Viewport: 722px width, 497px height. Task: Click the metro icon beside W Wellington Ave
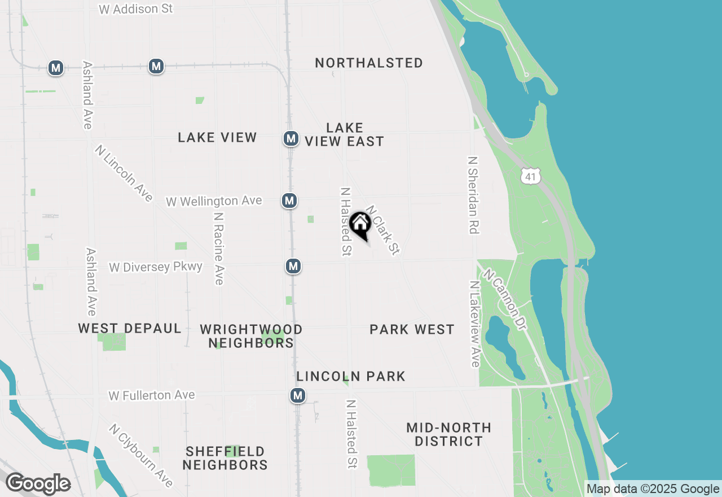coord(289,200)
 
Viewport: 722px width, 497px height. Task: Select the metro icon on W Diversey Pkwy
coord(293,265)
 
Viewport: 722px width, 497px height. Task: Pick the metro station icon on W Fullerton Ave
coord(298,395)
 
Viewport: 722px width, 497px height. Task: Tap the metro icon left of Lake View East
coord(290,138)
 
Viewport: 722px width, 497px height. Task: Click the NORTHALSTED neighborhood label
coord(369,63)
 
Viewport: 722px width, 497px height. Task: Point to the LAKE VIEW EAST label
coord(344,134)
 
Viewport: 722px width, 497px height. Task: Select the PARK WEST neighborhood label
coord(412,329)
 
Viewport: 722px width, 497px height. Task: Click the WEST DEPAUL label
coord(130,328)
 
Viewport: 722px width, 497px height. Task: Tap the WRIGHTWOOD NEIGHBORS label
coord(251,336)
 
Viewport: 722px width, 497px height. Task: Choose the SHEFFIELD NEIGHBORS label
coord(225,458)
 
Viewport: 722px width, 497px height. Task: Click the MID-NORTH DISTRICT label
coord(448,434)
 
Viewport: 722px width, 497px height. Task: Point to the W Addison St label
coord(135,9)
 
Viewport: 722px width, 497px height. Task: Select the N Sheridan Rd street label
coord(473,195)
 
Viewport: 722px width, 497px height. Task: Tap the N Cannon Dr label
coord(504,300)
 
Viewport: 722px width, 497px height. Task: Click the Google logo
coord(38,483)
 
